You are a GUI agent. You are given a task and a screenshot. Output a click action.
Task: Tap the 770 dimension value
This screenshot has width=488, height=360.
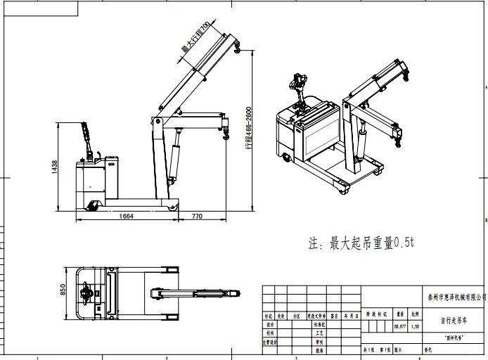tap(197, 216)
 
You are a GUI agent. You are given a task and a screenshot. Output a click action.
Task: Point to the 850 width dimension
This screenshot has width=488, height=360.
tap(63, 290)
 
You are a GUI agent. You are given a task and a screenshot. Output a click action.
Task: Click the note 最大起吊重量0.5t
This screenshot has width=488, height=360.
tap(362, 243)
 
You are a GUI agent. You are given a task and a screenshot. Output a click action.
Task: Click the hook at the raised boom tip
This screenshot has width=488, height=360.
tap(237, 48)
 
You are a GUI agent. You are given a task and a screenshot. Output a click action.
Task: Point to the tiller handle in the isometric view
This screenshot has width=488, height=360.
tap(297, 86)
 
